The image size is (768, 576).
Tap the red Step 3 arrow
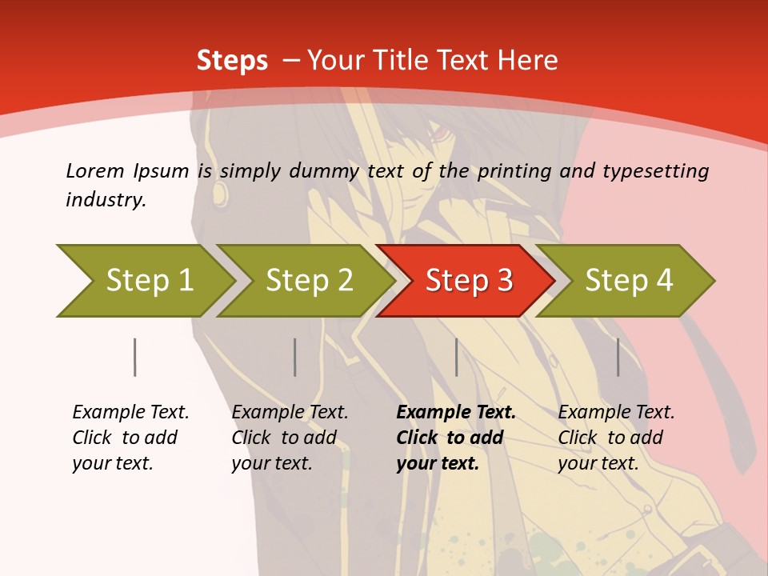pyautogui.click(x=468, y=281)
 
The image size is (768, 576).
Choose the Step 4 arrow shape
pyautogui.click(x=628, y=281)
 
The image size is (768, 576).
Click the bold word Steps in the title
pyautogui.click(x=232, y=60)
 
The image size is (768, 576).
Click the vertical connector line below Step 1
pyautogui.click(x=134, y=357)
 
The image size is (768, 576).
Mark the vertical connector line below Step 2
pyautogui.click(x=294, y=357)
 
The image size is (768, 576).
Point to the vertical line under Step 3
pyautogui.click(x=456, y=357)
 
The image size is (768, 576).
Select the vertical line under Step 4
pyautogui.click(x=618, y=357)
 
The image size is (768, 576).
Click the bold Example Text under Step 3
pyautogui.click(x=456, y=412)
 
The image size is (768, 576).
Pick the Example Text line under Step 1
pyautogui.click(x=130, y=412)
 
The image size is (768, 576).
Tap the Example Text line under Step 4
pyautogui.click(x=616, y=412)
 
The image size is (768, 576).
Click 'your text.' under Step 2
pyautogui.click(x=272, y=463)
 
